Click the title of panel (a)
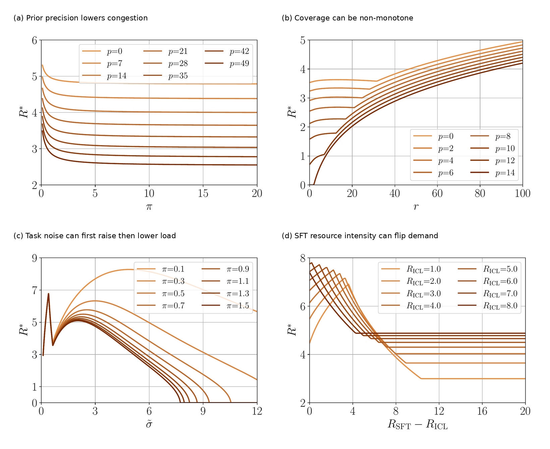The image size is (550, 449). pyautogui.click(x=80, y=18)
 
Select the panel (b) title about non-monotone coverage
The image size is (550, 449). pyautogui.click(x=347, y=18)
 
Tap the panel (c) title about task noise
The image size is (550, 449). pyautogui.click(x=95, y=236)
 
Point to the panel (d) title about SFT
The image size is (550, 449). pyautogui.click(x=360, y=236)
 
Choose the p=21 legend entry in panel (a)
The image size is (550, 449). pyautogui.click(x=166, y=51)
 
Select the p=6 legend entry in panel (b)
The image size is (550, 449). pyautogui.click(x=433, y=173)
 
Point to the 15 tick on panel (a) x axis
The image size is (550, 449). pyautogui.click(x=203, y=194)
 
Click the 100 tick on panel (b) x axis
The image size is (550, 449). pyautogui.click(x=522, y=194)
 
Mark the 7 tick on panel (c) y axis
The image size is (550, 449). pyautogui.click(x=34, y=290)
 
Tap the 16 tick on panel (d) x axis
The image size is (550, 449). pyautogui.click(x=482, y=411)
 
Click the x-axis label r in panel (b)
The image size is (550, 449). pyautogui.click(x=416, y=207)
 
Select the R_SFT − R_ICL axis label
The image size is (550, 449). pyautogui.click(x=418, y=425)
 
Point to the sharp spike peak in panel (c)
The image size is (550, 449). pyautogui.click(x=49, y=294)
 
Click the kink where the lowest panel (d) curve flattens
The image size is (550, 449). pyautogui.click(x=421, y=379)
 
